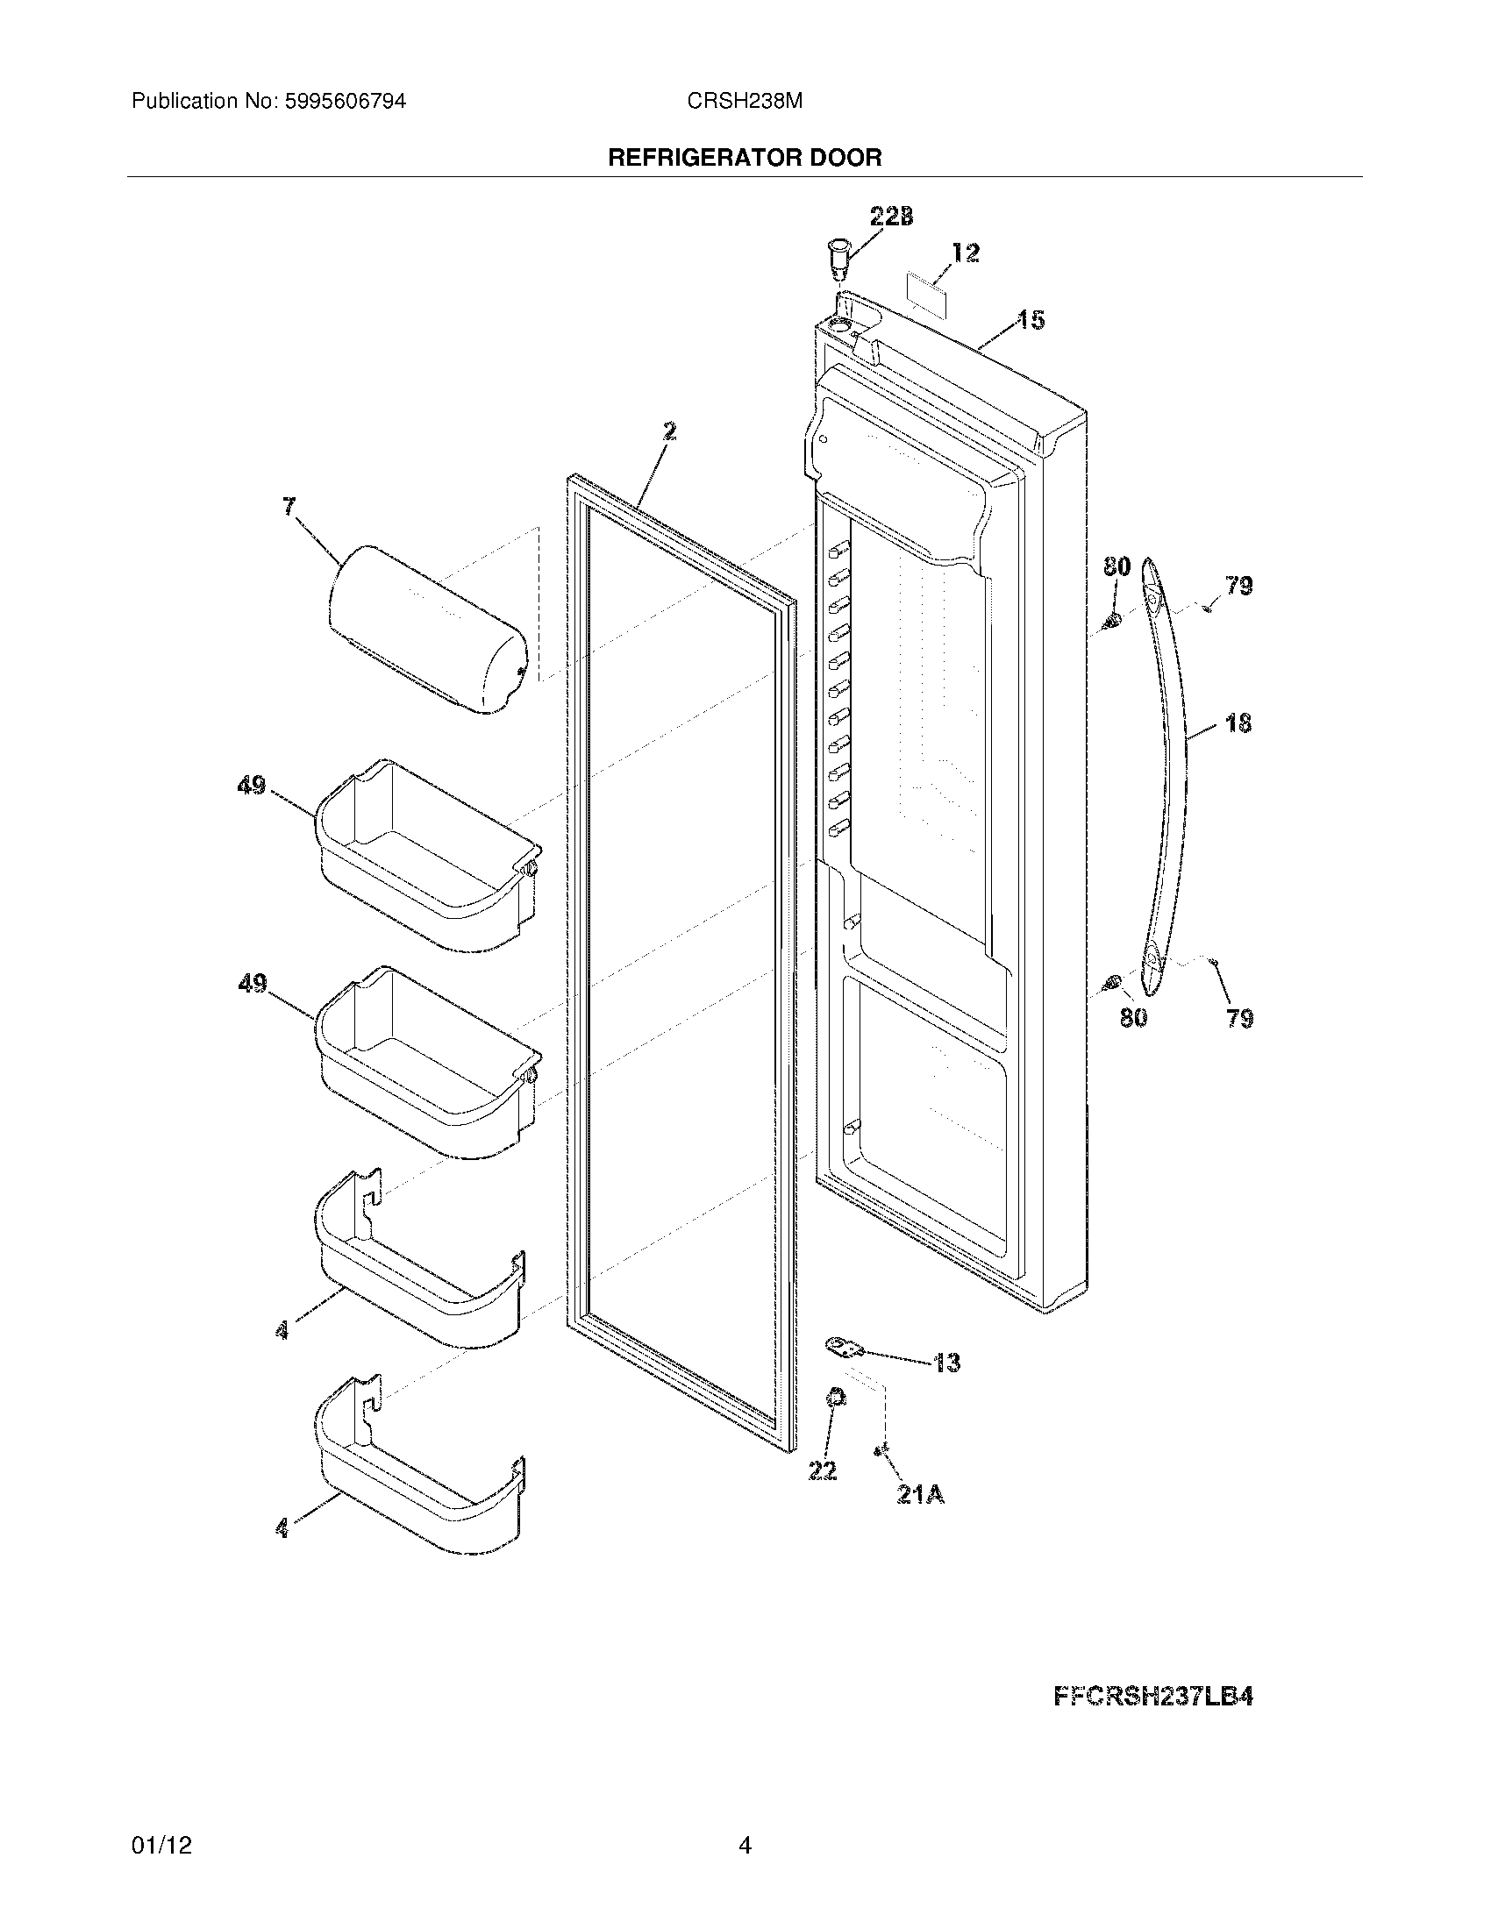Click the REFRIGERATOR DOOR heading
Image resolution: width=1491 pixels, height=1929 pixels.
745,158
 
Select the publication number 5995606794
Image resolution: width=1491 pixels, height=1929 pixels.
345,102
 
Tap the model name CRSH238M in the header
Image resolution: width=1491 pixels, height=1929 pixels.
745,102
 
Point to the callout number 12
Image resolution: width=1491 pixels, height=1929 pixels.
966,253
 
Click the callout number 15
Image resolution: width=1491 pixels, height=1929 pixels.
1031,320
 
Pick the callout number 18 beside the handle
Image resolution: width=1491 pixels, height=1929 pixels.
1238,723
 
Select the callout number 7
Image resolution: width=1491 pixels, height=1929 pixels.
289,507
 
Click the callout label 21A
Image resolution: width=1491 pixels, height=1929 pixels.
921,1495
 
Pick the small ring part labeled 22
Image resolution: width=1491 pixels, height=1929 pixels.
834,1423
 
